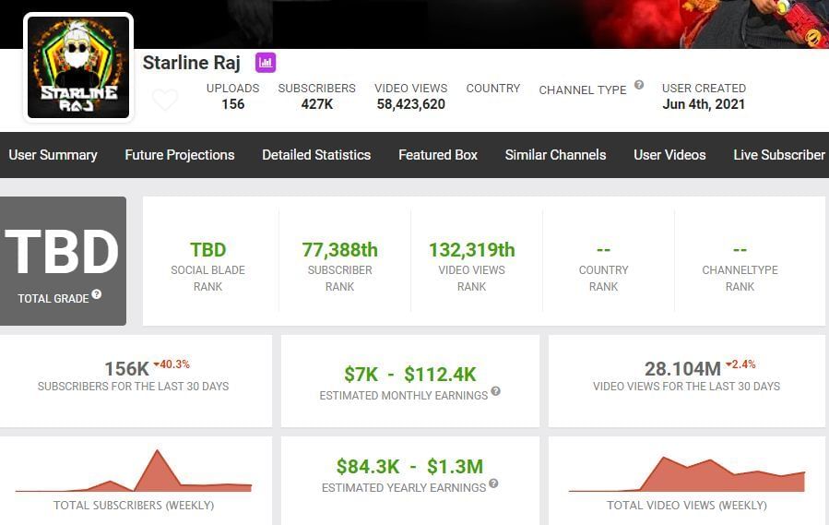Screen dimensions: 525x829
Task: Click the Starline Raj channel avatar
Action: click(x=77, y=66)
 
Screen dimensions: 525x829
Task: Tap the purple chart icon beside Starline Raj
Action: click(x=266, y=63)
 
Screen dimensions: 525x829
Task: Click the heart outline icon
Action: click(x=165, y=100)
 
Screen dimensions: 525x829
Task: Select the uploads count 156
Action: click(x=233, y=104)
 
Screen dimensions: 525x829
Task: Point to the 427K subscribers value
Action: click(x=316, y=104)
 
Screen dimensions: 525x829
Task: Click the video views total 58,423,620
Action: click(x=409, y=104)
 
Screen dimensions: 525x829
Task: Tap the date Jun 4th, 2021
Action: click(x=704, y=104)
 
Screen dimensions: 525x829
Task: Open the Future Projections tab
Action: click(x=180, y=155)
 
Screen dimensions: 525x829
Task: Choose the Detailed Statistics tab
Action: click(x=316, y=155)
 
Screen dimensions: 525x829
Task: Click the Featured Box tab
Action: click(x=438, y=155)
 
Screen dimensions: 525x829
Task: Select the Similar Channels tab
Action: click(x=555, y=155)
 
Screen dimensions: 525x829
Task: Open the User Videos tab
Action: click(x=669, y=155)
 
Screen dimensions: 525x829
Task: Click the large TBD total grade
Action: click(x=63, y=251)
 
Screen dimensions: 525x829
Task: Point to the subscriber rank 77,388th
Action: click(x=339, y=250)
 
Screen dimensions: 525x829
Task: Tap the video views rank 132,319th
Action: click(x=471, y=250)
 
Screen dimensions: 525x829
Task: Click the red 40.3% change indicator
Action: click(x=172, y=364)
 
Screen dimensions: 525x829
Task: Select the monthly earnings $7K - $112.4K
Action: click(x=409, y=374)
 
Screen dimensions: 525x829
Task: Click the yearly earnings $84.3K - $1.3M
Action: click(x=409, y=466)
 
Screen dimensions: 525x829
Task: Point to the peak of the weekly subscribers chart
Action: click(x=158, y=451)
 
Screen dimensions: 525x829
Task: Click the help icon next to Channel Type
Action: click(x=638, y=86)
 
